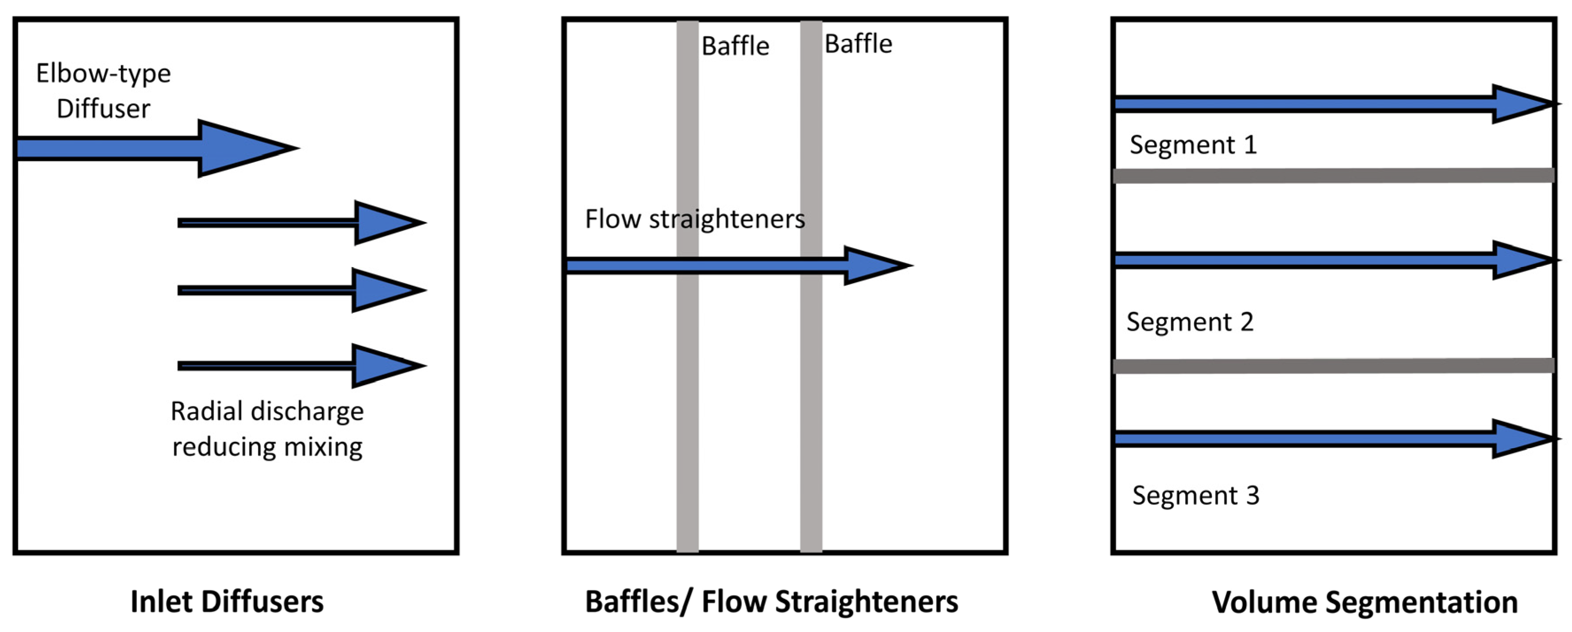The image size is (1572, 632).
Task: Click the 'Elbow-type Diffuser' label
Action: point(103,90)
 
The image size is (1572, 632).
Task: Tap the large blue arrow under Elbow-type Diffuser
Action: point(153,148)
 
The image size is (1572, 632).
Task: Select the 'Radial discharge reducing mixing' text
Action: point(267,429)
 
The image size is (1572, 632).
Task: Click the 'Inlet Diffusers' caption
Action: point(227,601)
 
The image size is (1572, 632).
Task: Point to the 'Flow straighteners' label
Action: point(694,219)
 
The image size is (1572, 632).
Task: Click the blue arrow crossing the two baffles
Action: point(732,265)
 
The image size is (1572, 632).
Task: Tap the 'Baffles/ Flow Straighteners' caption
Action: point(771,601)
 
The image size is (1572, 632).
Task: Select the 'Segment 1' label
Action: point(1193,145)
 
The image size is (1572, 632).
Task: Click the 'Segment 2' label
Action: point(1190,322)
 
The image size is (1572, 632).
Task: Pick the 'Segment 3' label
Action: point(1195,495)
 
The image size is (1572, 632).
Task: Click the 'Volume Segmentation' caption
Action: point(1364,602)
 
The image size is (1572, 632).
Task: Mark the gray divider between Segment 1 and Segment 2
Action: point(1333,176)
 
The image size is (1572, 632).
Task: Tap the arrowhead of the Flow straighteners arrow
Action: point(876,265)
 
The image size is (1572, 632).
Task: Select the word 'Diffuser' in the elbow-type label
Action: point(103,109)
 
